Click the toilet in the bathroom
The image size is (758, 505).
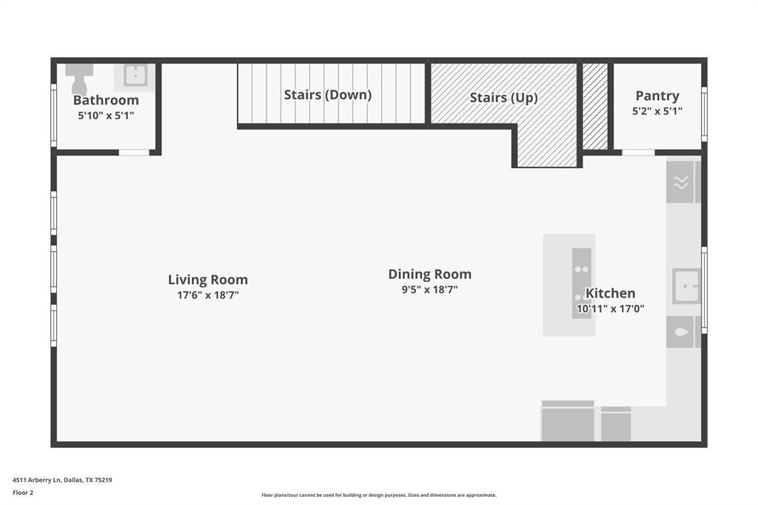click(x=78, y=78)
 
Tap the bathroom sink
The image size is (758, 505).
click(x=135, y=75)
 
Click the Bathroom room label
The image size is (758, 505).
click(x=106, y=100)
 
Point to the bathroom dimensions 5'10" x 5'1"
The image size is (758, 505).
click(x=106, y=116)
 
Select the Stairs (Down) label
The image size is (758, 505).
click(x=328, y=95)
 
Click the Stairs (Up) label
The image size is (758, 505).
click(x=503, y=98)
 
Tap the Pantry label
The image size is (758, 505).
click(x=657, y=96)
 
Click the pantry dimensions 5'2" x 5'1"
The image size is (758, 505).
click(x=657, y=111)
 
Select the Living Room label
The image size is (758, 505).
click(x=208, y=279)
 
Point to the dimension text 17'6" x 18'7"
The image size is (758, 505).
click(x=208, y=295)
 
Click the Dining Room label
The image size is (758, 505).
click(x=430, y=274)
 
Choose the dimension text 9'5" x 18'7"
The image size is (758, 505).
click(x=430, y=290)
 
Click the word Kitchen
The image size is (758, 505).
click(x=611, y=293)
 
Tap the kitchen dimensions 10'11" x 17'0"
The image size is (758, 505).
click(x=611, y=309)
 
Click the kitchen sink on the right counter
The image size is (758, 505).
click(x=685, y=286)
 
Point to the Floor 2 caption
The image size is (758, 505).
click(x=23, y=492)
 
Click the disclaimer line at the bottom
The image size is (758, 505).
click(x=379, y=495)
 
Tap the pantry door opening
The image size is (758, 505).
click(x=638, y=153)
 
